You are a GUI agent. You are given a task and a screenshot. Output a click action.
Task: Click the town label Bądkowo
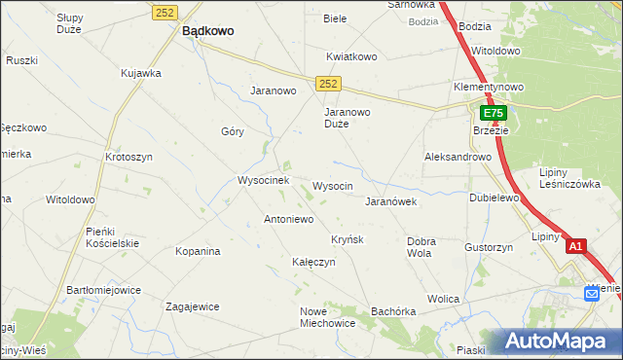207,30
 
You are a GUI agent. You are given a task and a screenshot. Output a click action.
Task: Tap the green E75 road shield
493,114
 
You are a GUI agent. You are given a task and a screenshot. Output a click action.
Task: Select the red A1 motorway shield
575,247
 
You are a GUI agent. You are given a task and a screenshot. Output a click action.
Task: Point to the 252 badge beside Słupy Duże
163,11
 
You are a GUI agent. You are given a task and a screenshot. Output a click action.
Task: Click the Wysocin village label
332,185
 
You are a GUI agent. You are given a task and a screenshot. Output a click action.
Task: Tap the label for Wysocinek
263,180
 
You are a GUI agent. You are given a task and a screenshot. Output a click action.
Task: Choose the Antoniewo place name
288,219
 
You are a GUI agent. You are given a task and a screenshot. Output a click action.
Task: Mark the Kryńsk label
347,239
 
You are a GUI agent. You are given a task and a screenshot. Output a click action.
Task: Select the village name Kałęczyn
313,262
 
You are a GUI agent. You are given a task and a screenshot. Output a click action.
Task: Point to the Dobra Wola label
420,247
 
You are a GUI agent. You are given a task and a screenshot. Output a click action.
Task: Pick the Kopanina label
198,251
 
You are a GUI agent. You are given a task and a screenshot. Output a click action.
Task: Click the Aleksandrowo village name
458,157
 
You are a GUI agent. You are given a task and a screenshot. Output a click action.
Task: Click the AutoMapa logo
558,342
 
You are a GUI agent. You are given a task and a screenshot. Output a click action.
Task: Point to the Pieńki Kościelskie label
112,236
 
